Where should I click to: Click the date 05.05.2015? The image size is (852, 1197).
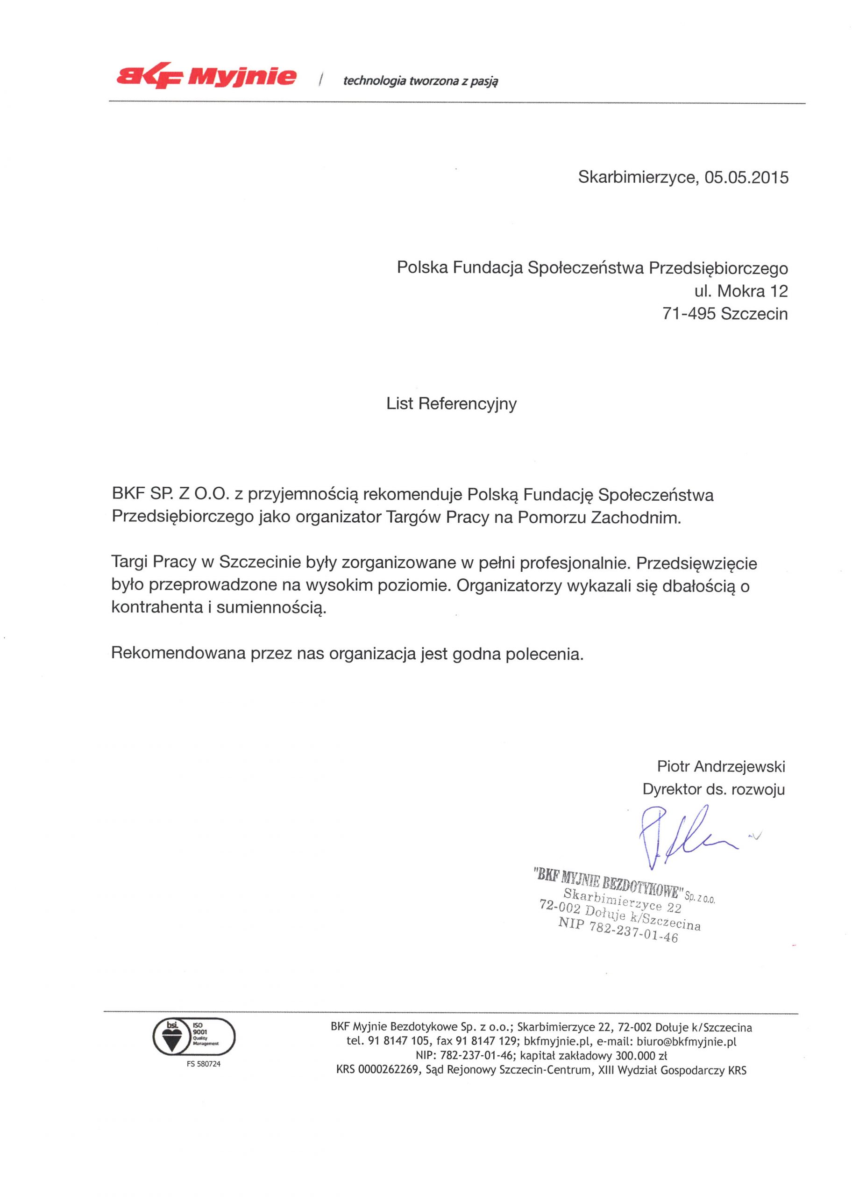[746, 178]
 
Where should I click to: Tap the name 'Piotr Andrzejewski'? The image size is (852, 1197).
[721, 766]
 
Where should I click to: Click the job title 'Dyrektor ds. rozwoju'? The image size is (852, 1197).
[713, 790]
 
